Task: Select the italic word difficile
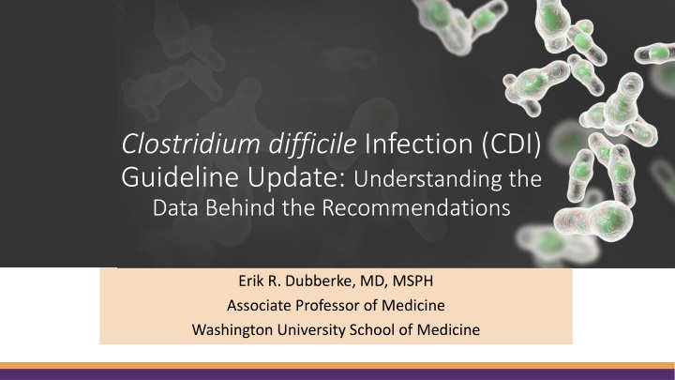click(x=312, y=144)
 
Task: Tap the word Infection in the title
click(x=418, y=144)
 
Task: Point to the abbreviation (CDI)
click(x=511, y=144)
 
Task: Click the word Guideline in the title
click(x=179, y=176)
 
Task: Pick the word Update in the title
click(x=296, y=177)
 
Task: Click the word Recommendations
click(x=416, y=207)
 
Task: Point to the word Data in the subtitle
click(x=175, y=207)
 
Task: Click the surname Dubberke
click(x=321, y=281)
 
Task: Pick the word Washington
click(x=232, y=330)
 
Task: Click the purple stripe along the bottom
click(x=337, y=374)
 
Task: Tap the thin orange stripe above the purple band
click(x=337, y=366)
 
